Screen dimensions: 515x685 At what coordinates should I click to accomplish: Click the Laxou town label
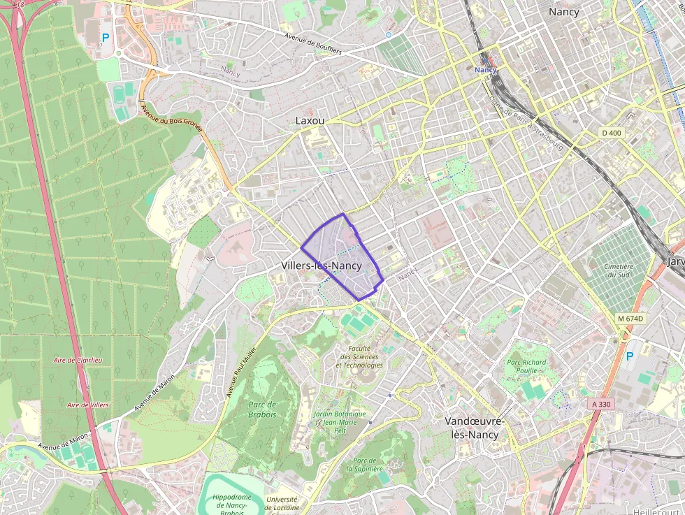point(310,121)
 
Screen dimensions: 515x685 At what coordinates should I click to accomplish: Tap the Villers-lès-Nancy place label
point(321,266)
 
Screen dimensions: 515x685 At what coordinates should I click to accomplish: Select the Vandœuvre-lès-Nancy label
point(475,428)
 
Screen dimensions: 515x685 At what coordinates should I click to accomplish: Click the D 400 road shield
point(611,133)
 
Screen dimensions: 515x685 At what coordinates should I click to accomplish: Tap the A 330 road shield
point(600,404)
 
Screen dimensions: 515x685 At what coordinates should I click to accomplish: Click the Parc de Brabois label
point(261,409)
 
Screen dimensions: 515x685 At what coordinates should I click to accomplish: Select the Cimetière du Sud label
point(618,270)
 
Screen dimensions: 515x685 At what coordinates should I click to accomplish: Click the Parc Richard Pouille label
point(526,367)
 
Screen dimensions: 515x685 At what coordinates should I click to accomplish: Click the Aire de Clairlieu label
point(78,360)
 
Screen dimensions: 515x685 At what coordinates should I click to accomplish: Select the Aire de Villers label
point(87,405)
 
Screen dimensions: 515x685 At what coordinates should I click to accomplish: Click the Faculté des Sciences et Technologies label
point(359,356)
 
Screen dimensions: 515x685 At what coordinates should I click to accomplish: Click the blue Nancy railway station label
point(485,70)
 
